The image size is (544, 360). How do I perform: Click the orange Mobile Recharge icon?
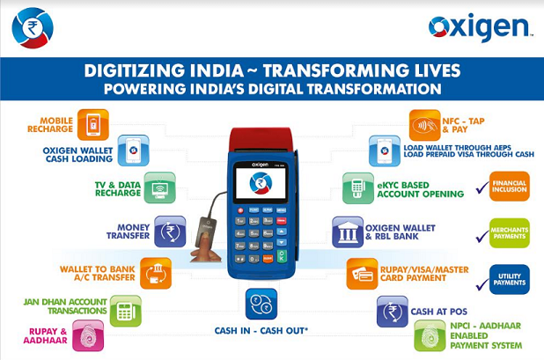point(93,124)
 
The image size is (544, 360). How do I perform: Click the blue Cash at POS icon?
point(392,310)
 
